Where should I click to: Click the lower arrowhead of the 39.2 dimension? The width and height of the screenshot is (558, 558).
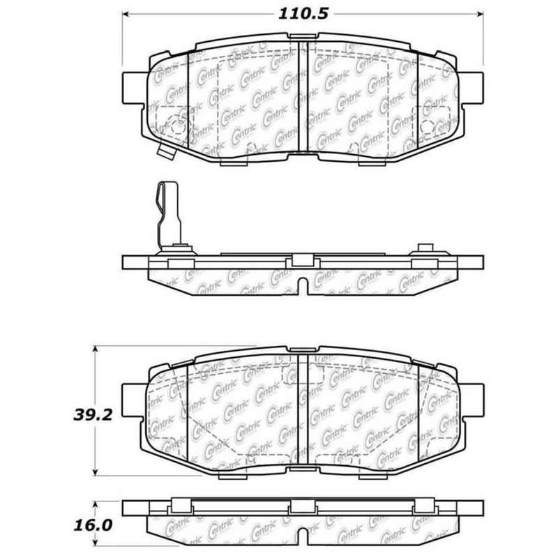pyautogui.click(x=96, y=472)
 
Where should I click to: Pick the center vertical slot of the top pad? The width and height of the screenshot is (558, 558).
pyautogui.click(x=303, y=98)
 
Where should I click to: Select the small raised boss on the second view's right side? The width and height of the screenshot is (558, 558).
pyautogui.click(x=423, y=249)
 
